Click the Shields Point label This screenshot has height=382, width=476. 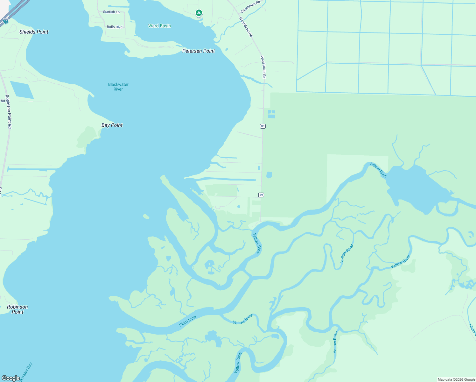click(x=34, y=32)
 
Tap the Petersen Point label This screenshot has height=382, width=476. click(x=199, y=51)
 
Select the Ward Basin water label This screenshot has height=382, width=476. click(x=159, y=26)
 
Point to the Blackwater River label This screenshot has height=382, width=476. click(x=118, y=87)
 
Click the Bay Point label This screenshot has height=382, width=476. click(x=112, y=125)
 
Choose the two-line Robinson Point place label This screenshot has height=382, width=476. click(x=17, y=309)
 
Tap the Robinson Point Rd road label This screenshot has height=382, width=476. click(x=9, y=111)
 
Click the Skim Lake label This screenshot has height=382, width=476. click(x=188, y=321)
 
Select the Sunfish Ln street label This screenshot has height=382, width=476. click(x=111, y=12)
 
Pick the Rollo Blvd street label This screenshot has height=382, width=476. click(x=115, y=27)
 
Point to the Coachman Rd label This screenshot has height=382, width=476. click(x=250, y=6)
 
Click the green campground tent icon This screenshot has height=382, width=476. click(x=199, y=13)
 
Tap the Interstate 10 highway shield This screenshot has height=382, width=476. click(x=6, y=22)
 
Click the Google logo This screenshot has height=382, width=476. click(x=11, y=378)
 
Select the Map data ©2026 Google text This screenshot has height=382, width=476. click(x=456, y=379)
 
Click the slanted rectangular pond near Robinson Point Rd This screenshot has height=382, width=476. click(x=22, y=90)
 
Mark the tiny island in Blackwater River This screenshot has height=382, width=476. click(x=146, y=217)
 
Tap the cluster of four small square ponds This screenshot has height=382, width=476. click(x=271, y=114)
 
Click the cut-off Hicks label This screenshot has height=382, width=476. click(x=472, y=329)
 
